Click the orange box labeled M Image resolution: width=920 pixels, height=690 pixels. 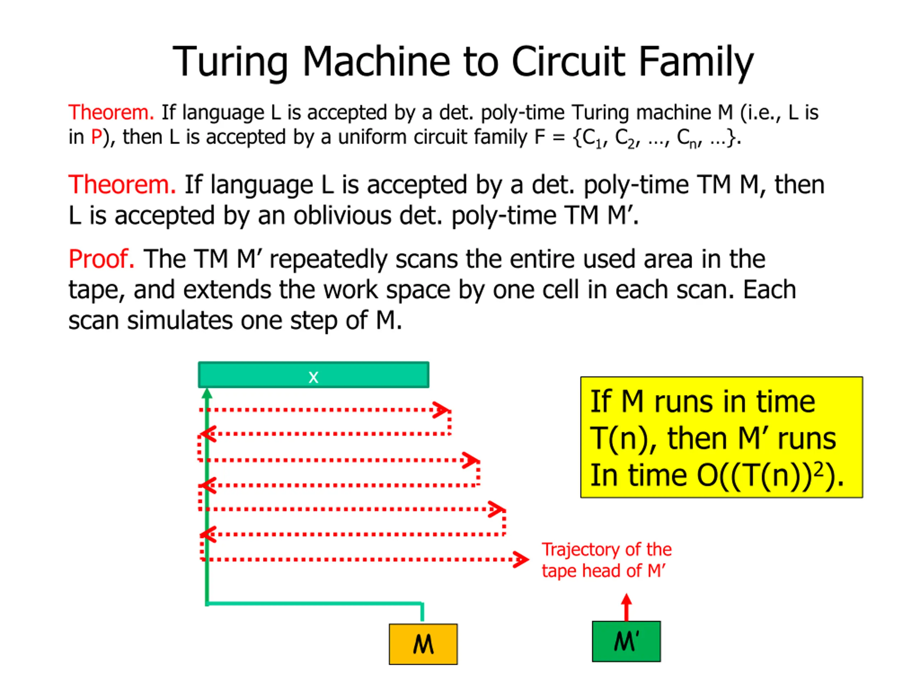coord(423,644)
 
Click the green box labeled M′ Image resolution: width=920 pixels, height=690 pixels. coord(626,641)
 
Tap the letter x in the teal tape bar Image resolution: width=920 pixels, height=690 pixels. coord(313,377)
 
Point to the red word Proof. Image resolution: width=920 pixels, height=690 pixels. coord(101,259)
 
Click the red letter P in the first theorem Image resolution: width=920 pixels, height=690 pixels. coord(96,137)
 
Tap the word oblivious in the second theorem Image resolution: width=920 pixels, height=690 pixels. coord(342,215)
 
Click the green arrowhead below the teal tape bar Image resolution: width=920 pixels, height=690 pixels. coord(207,394)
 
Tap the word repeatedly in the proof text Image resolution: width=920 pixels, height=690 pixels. coord(328,259)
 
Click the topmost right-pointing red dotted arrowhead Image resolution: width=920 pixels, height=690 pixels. coord(441,410)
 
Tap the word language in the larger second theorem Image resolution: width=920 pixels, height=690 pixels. coord(262,185)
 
